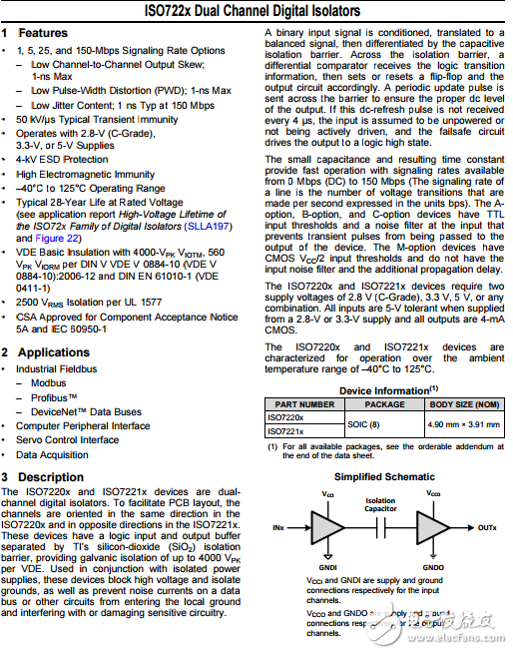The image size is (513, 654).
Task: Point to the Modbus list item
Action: click(x=49, y=383)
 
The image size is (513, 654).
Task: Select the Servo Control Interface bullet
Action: click(x=67, y=440)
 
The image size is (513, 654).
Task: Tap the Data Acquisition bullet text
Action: click(x=52, y=454)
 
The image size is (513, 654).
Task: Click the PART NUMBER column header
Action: click(x=303, y=404)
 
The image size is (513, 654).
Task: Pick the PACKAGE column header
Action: click(x=384, y=404)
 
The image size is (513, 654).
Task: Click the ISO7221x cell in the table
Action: click(x=286, y=430)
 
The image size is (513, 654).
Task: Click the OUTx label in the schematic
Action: click(x=488, y=526)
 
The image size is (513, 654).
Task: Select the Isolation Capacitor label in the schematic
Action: click(x=380, y=504)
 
